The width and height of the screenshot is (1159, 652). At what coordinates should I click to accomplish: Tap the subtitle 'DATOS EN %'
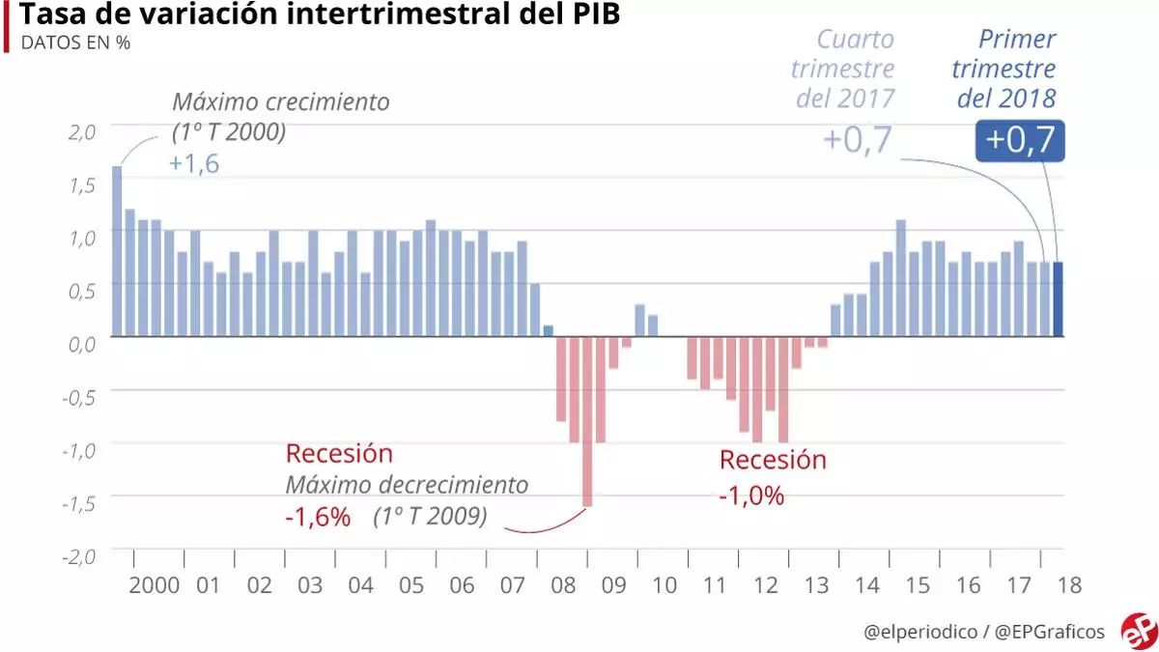[x=75, y=43]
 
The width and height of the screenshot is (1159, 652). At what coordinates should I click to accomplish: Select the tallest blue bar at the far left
[x=117, y=251]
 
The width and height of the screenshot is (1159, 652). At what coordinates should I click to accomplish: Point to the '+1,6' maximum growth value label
[x=194, y=163]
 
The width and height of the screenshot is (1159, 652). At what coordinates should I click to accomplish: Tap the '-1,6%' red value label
[x=318, y=517]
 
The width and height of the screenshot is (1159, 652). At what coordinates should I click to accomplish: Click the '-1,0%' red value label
[x=751, y=496]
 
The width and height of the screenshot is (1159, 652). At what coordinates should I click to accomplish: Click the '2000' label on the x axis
[x=155, y=585]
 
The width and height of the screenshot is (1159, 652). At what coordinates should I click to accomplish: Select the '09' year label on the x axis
[x=614, y=585]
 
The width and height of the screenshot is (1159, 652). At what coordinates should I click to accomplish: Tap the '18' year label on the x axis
[x=1069, y=585]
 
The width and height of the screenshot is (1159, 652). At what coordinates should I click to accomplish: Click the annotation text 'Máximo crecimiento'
[x=281, y=101]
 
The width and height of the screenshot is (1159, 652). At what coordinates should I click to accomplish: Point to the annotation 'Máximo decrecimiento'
[x=407, y=485]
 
